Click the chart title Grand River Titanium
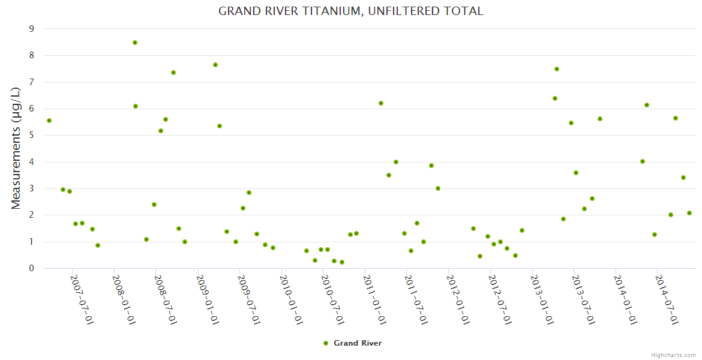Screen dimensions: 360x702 (350, 11)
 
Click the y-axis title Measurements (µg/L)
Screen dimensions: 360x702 (16, 148)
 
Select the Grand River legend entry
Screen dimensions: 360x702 (352, 343)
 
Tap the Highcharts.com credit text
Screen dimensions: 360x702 (673, 355)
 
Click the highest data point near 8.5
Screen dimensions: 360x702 (135, 43)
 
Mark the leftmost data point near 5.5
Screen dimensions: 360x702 (49, 121)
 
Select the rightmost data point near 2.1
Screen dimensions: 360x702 (689, 213)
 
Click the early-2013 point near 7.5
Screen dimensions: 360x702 (557, 69)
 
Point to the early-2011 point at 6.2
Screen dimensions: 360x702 (381, 103)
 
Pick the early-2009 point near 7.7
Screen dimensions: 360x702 (215, 65)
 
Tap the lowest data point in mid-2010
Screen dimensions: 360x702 (342, 262)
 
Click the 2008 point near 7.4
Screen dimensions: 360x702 (173, 73)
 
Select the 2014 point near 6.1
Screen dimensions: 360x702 (647, 105)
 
